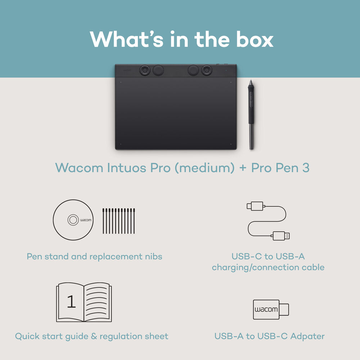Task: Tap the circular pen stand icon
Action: click(73, 220)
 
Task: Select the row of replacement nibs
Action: click(118, 221)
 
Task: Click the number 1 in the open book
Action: click(71, 302)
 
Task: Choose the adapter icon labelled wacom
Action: click(271, 309)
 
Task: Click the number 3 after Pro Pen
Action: click(305, 168)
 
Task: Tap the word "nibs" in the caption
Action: click(153, 257)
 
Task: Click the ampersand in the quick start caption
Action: click(95, 336)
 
